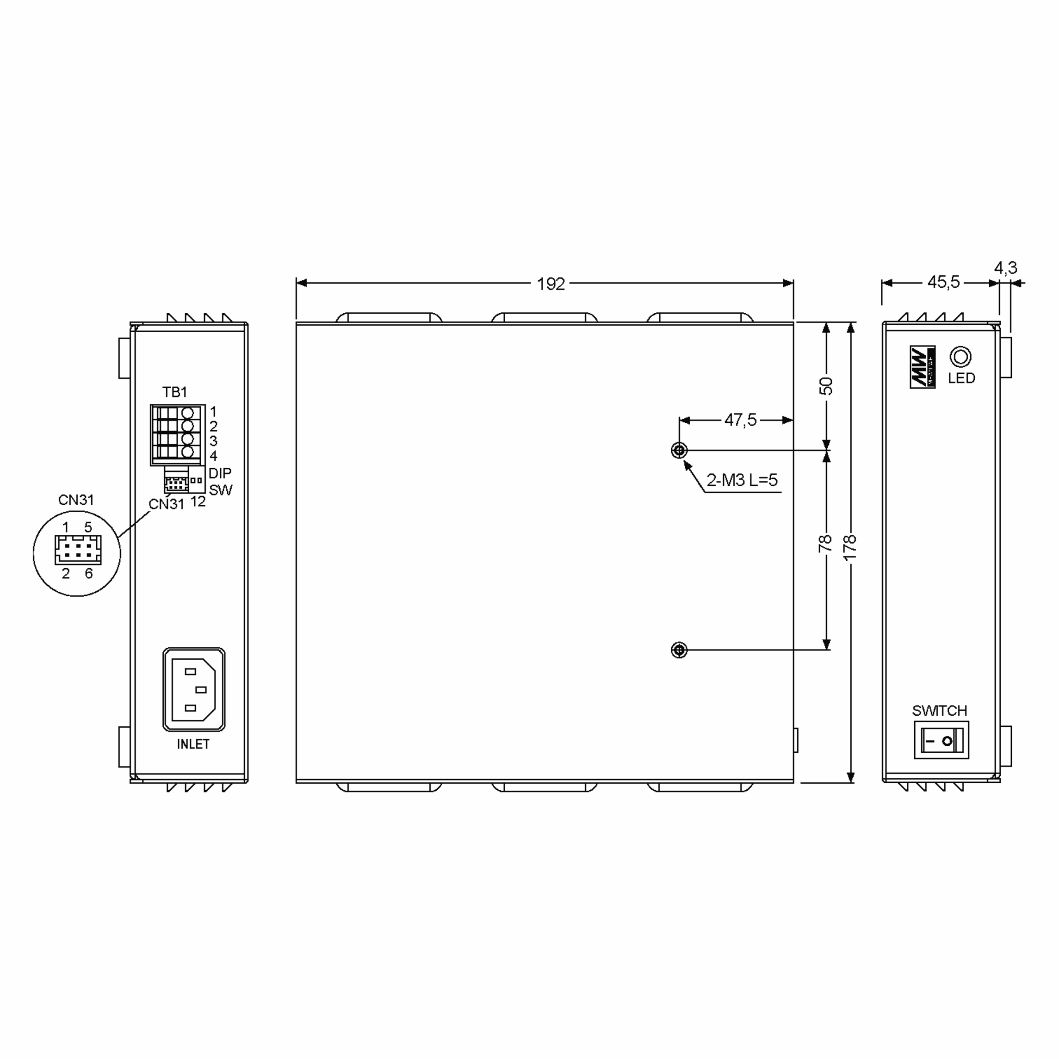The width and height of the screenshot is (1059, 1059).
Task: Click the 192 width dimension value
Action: point(550,284)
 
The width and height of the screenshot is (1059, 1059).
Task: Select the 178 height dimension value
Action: point(849,548)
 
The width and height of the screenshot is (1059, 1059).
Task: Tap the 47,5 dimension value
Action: point(740,420)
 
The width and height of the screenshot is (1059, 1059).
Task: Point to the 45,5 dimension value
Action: point(943,282)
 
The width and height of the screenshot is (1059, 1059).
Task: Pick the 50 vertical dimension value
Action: point(826,387)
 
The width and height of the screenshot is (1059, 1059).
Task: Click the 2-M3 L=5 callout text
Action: point(742,480)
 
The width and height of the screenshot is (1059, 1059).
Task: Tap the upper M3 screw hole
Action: point(679,451)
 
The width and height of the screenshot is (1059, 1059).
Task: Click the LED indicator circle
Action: point(960,357)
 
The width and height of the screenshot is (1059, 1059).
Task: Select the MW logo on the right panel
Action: point(923,367)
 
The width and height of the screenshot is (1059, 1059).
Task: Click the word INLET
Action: point(193,744)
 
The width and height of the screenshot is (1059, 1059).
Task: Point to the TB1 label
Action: point(174,392)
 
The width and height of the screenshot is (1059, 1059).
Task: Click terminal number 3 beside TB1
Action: point(213,441)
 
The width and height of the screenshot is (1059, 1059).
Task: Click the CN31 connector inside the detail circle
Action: point(78,550)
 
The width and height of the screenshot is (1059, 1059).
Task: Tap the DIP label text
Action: point(220,473)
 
